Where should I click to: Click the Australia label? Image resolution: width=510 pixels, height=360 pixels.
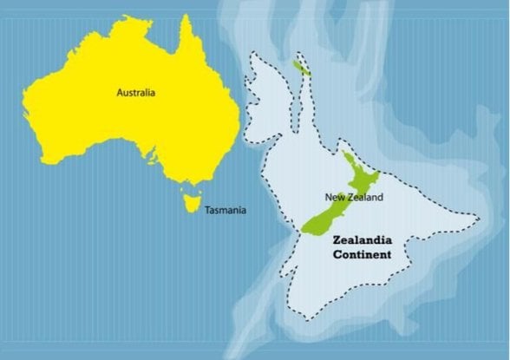(135, 90)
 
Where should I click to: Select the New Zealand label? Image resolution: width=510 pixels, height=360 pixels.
(353, 197)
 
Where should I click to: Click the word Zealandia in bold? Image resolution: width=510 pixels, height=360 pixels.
(363, 240)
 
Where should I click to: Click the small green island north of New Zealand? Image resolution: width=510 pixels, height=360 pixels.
(301, 66)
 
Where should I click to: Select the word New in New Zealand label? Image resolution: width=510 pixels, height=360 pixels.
(333, 197)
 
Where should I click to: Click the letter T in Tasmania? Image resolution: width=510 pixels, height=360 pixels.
(206, 210)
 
